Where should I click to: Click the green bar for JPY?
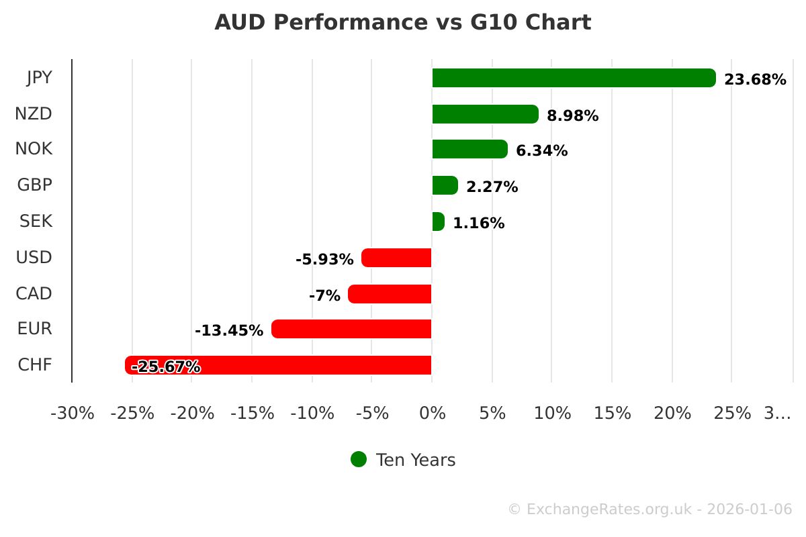coord(574,78)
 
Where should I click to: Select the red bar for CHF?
coord(278,365)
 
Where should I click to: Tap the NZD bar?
coord(485,114)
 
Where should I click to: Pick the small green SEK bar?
coord(438,222)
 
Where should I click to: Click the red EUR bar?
coord(351,329)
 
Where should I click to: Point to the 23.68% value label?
coord(755,80)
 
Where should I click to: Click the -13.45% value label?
coord(229,331)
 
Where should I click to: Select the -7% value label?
coord(324,295)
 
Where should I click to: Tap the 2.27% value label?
coord(492,187)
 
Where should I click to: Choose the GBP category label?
coord(35,185)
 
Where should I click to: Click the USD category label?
coord(34,257)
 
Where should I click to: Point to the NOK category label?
coord(34,148)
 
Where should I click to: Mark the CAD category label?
coord(34,293)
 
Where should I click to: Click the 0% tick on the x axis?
coord(432,413)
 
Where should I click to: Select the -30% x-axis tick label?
coord(73,413)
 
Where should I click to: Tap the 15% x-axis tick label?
coord(612,413)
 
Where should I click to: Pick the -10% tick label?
coord(312,413)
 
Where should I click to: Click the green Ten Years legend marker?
coord(359,459)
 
